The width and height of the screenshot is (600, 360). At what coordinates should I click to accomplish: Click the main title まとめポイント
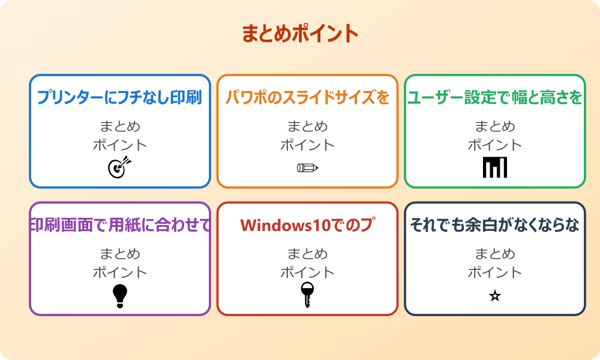(x=300, y=33)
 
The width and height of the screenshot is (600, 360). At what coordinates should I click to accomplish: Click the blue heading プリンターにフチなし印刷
(x=119, y=98)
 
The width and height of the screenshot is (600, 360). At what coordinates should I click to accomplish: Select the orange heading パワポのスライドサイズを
(x=307, y=98)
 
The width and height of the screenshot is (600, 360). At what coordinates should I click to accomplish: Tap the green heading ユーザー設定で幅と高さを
(x=495, y=98)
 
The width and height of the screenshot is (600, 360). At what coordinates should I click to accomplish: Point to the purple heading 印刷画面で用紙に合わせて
(x=120, y=225)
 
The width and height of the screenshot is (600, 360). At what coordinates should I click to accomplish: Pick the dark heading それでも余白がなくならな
(x=495, y=225)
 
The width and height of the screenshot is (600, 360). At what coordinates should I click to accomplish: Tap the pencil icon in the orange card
(x=307, y=167)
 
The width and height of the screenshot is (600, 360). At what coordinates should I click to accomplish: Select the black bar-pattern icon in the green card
(x=495, y=167)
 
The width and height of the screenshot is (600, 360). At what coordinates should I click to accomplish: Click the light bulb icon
(x=120, y=295)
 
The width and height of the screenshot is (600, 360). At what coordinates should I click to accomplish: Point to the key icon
(x=307, y=295)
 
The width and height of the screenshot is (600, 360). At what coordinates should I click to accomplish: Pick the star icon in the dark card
(x=495, y=295)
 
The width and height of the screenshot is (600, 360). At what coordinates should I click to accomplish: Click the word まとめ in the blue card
(x=119, y=127)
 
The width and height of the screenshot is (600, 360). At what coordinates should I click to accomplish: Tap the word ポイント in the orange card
(x=307, y=145)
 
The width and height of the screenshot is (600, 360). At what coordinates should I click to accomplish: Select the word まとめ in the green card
(x=495, y=127)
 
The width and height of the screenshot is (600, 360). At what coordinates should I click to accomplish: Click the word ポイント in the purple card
(x=119, y=272)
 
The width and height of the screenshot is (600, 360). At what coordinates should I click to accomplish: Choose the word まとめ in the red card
(x=307, y=254)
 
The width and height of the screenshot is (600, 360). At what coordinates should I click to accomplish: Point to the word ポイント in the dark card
(x=495, y=272)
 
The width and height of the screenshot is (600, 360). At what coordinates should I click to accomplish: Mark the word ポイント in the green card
(x=495, y=145)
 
